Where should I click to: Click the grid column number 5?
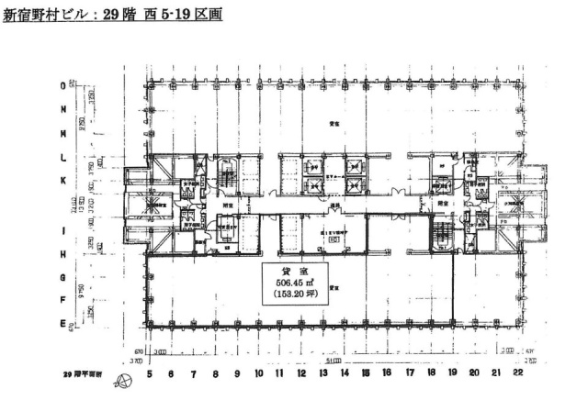(x=148, y=374)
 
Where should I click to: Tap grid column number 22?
(x=518, y=374)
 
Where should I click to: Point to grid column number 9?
(x=237, y=374)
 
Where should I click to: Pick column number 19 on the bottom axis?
(x=453, y=374)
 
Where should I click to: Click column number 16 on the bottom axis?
(x=388, y=374)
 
